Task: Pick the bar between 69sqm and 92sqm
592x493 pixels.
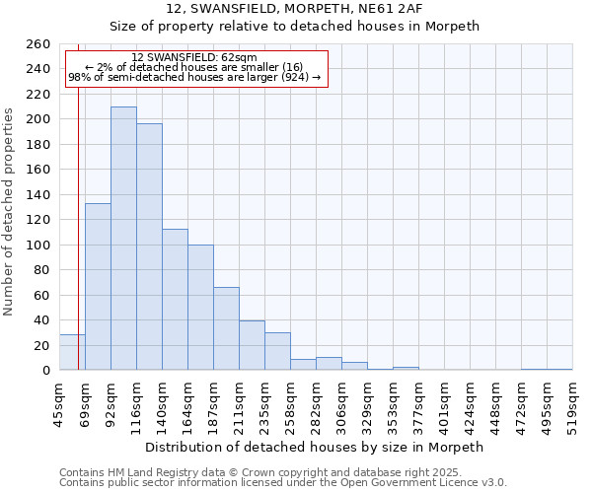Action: click(x=98, y=286)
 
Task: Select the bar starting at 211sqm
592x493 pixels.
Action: click(x=252, y=345)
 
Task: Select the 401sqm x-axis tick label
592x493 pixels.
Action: click(x=444, y=404)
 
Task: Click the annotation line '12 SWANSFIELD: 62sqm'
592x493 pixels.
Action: click(x=193, y=57)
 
